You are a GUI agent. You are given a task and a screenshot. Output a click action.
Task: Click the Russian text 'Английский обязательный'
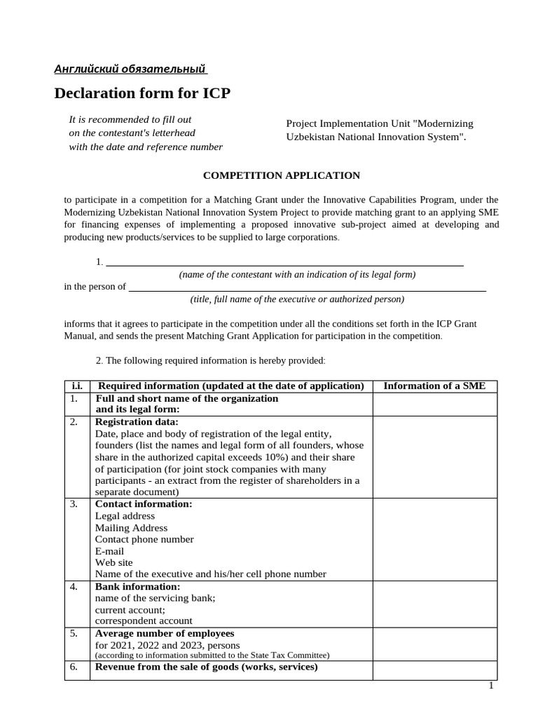tap(130, 69)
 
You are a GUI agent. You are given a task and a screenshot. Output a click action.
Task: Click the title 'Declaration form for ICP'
tap(142, 93)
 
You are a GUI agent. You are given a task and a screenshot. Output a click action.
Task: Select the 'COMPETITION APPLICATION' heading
tap(281, 175)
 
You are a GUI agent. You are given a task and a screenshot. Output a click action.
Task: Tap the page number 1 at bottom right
tap(491, 686)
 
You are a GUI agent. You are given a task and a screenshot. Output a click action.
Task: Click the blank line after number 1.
tap(284, 262)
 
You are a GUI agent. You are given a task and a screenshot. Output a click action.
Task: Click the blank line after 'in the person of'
tap(308, 286)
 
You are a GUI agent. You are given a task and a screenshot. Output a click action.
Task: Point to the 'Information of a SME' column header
tap(434, 386)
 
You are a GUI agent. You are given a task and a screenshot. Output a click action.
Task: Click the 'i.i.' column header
tap(76, 386)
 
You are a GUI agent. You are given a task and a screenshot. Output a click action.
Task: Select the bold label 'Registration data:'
tap(137, 422)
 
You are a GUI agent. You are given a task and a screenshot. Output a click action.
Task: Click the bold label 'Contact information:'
tap(144, 504)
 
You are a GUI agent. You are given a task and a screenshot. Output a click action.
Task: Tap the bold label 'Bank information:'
tap(137, 586)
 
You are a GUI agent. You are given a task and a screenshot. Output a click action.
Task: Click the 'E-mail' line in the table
tap(109, 551)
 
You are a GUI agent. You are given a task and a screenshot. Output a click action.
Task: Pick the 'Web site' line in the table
tap(113, 562)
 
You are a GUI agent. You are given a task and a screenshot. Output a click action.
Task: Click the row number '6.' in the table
tap(74, 668)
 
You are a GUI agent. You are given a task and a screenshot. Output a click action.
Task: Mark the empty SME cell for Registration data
tap(434, 456)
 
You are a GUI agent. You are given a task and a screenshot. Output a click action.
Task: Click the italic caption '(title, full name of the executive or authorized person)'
tap(297, 299)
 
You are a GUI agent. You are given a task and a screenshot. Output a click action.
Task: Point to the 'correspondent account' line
tap(144, 621)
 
